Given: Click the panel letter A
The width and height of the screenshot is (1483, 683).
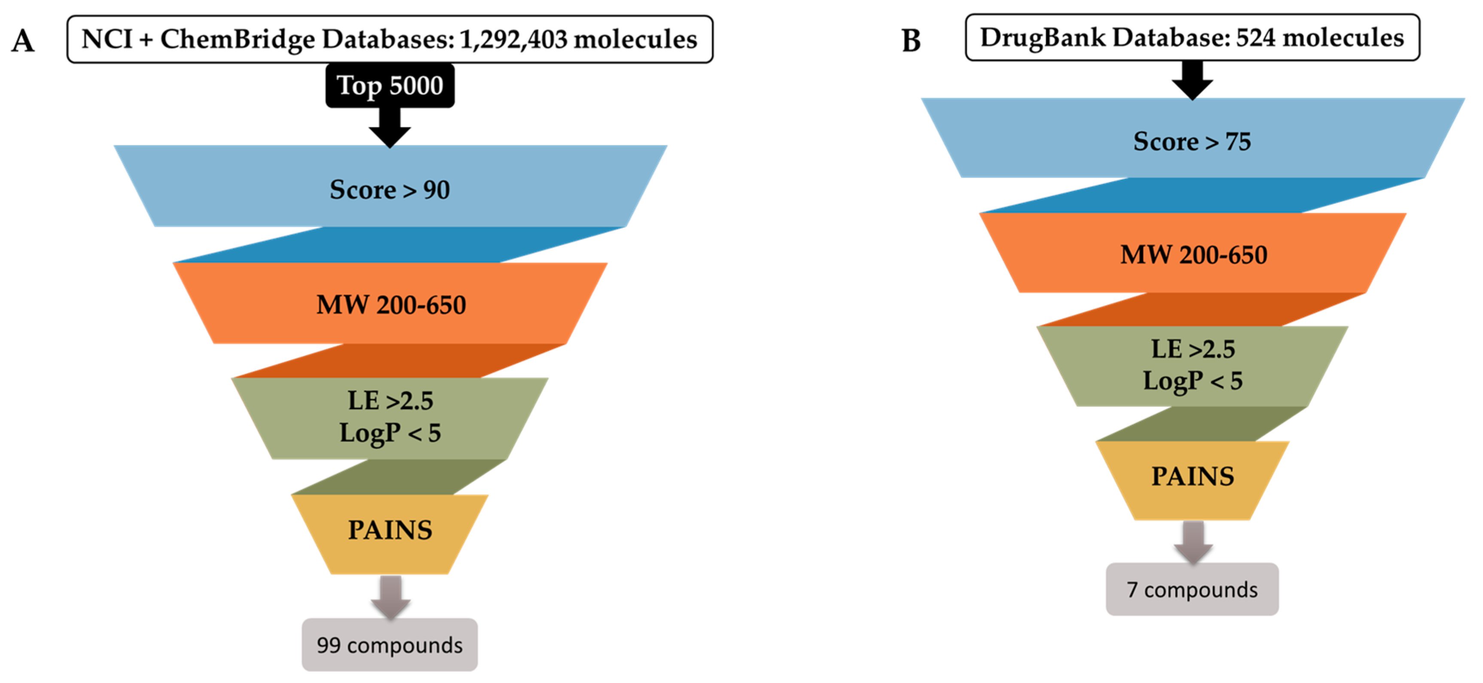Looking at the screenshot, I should pos(23,41).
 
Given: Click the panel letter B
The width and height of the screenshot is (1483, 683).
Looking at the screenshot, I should pos(911,41).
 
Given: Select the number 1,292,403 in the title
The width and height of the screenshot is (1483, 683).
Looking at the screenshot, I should pos(513,39).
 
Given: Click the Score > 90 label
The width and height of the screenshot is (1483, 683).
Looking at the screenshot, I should pos(390,190).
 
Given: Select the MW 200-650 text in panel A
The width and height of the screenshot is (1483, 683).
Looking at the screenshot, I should pos(391,305).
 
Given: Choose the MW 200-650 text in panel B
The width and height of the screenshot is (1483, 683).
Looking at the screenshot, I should pos(1193,254).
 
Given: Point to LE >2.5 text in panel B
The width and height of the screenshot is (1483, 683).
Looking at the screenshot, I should pos(1193,349).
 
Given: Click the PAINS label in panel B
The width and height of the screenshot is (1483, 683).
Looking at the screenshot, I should pos(1192,476).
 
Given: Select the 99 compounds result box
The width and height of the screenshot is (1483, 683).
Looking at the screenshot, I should pos(390,645).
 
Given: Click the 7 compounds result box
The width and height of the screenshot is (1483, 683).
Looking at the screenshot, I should pos(1192,590).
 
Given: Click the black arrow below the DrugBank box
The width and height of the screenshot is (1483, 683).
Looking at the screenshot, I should pos(1192,80).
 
